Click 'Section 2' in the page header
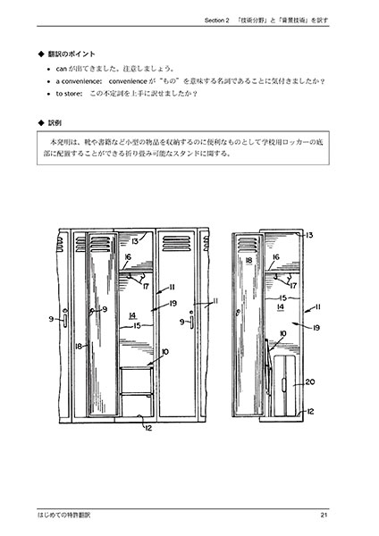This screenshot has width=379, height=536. (217, 17)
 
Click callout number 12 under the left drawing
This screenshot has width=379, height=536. (147, 428)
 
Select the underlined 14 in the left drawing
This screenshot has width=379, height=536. (131, 315)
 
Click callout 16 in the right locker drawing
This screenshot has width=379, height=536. (276, 257)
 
